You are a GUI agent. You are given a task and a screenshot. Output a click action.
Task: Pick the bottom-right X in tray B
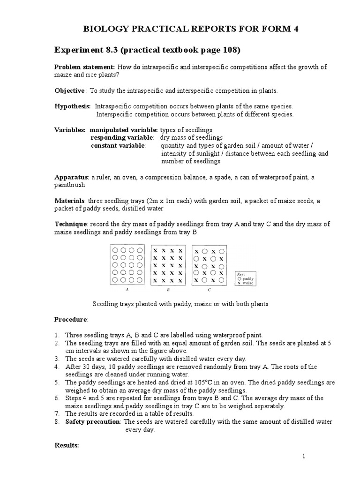pyautogui.click(x=180, y=281)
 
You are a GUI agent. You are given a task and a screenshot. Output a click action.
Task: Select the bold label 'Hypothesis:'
pyautogui.click(x=73, y=106)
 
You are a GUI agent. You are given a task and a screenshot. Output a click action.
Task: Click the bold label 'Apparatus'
pyautogui.click(x=71, y=177)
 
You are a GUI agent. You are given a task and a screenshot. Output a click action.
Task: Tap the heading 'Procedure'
pyautogui.click(x=71, y=319)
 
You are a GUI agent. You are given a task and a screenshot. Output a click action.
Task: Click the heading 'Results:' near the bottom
pyautogui.click(x=67, y=445)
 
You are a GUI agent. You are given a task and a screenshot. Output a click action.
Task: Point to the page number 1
pyautogui.click(x=304, y=456)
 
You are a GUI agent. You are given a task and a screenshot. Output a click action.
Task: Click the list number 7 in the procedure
pyautogui.click(x=57, y=414)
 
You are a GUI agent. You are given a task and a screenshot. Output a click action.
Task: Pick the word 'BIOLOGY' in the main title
pyautogui.click(x=103, y=29)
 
